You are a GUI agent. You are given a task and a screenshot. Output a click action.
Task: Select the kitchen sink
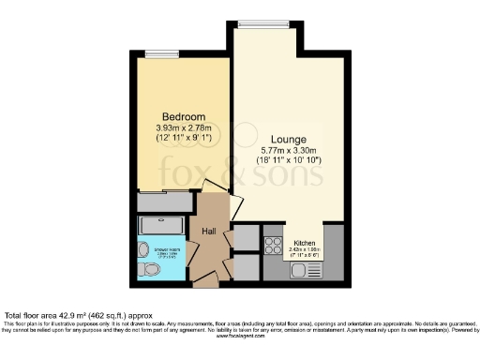304,271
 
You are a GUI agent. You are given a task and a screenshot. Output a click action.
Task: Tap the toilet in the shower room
142,250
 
